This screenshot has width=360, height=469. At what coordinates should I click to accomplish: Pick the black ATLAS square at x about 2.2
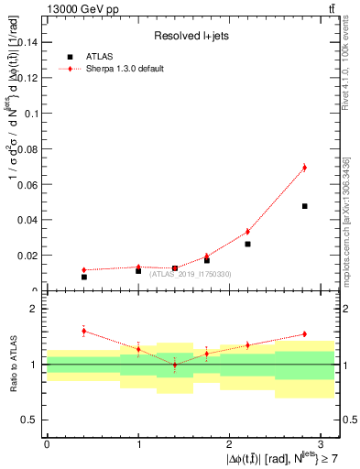coord(247,244)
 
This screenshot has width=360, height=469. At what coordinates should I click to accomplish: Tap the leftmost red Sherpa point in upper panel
coord(83,270)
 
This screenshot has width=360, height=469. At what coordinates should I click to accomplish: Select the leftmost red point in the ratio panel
coord(83,331)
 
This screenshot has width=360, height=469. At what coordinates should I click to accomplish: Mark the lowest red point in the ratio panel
coord(175,365)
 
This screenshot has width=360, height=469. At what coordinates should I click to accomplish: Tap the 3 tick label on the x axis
coord(322,443)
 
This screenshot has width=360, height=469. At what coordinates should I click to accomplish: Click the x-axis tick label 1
coord(138,443)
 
